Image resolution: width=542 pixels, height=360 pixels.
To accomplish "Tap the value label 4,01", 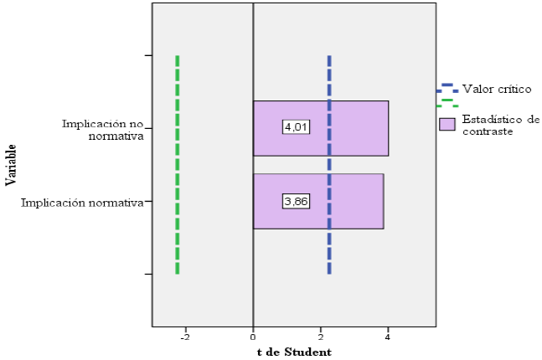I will (x=296, y=128).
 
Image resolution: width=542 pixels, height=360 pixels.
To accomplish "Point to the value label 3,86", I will (x=296, y=202).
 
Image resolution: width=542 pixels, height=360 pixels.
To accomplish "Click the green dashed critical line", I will (x=178, y=167).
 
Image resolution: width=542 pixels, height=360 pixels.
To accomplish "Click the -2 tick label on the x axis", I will (x=185, y=337).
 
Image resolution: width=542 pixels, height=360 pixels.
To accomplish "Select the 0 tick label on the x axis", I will (x=253, y=337).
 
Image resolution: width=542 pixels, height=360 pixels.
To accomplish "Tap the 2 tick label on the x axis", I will (x=321, y=337).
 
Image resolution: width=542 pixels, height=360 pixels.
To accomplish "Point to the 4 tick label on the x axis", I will (x=388, y=337).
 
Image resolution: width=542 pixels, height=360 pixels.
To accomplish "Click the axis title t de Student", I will (x=294, y=351).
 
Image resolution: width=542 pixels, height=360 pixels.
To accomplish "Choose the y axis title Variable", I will (x=10, y=165).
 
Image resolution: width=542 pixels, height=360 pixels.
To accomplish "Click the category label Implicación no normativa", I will (x=103, y=129).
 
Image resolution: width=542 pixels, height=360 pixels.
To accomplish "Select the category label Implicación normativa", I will (x=82, y=202).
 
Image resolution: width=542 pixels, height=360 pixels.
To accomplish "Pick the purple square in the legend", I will (x=447, y=125).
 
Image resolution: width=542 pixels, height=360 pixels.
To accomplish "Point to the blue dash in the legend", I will (x=447, y=85).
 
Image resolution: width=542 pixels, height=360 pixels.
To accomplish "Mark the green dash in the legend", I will (x=447, y=101).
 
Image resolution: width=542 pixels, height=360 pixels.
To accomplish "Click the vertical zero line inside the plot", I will (x=253, y=50).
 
